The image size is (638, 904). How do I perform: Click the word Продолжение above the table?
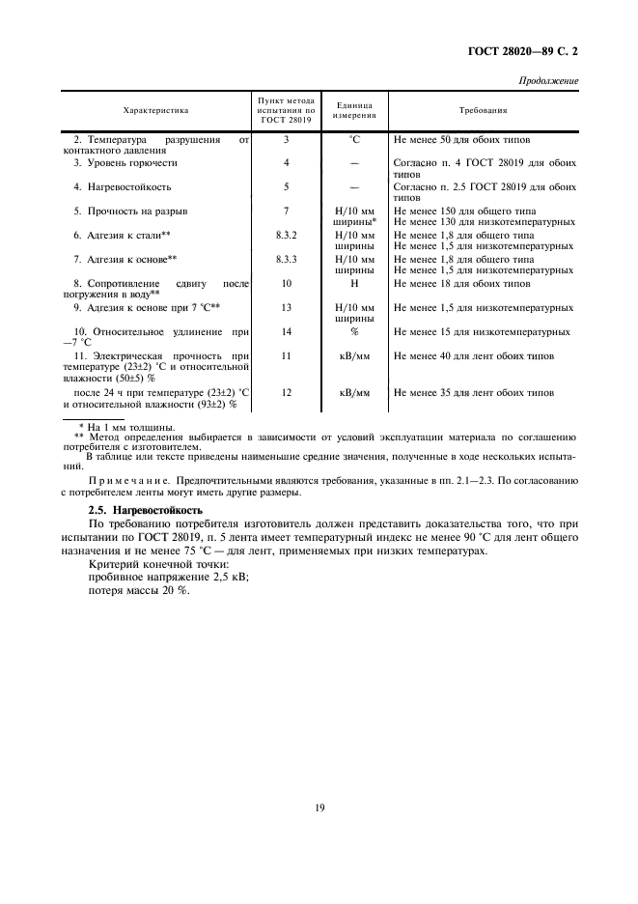pyautogui.click(x=549, y=80)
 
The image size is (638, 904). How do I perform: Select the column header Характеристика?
pyautogui.click(x=156, y=112)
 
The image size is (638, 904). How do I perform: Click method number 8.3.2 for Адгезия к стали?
pyautogui.click(x=287, y=235)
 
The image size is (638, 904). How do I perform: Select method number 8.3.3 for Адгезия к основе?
pyautogui.click(x=287, y=259)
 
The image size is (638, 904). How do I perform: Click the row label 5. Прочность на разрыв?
pyautogui.click(x=130, y=211)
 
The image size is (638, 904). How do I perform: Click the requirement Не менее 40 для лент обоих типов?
pyautogui.click(x=473, y=356)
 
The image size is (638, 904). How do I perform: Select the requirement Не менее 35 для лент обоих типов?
pyautogui.click(x=473, y=393)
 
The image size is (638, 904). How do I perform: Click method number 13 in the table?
pyautogui.click(x=287, y=307)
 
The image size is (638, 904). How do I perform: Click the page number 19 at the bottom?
pyautogui.click(x=319, y=807)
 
